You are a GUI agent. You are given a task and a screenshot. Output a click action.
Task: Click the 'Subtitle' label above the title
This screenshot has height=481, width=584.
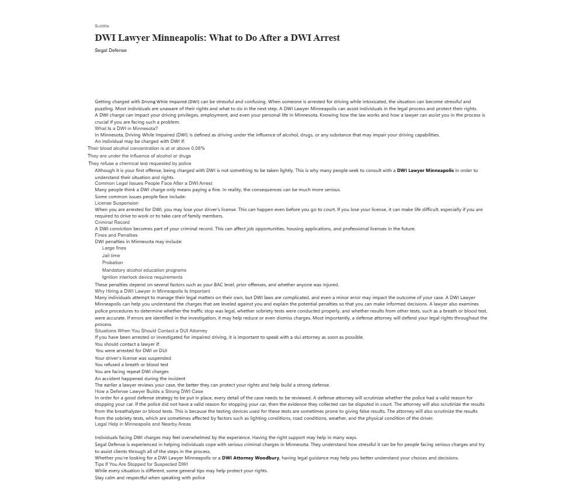pos(102,26)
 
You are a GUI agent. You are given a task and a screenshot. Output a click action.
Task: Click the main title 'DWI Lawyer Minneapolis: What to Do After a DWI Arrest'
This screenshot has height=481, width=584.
pos(217,38)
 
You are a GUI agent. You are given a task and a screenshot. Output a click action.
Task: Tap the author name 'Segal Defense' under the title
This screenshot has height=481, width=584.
pos(110,50)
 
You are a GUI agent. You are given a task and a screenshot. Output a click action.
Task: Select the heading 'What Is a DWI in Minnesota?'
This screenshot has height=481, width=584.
pos(126,128)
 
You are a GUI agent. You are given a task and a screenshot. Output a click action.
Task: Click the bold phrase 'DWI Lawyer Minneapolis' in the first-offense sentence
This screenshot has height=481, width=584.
pos(425,170)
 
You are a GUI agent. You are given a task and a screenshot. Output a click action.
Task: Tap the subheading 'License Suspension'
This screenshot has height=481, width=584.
pos(117,203)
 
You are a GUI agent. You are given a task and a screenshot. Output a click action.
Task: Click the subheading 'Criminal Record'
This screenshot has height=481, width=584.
pos(112,222)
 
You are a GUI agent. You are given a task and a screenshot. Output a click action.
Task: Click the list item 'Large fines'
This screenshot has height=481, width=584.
pos(114,248)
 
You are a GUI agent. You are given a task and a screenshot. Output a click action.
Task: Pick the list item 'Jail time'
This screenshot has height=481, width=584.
pos(111,255)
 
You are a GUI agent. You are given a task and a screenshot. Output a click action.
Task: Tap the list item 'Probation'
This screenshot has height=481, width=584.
pos(112,262)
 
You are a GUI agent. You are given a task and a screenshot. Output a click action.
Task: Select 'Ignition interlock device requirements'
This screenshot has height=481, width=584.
pos(142,278)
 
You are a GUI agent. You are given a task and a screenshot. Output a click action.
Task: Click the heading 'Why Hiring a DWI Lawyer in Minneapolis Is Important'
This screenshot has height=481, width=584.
pos(152,291)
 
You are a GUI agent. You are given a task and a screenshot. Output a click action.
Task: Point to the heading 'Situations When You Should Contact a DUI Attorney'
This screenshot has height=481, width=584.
pos(151,331)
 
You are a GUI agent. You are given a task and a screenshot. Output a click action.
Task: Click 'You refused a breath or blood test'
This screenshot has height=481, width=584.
pos(131,364)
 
